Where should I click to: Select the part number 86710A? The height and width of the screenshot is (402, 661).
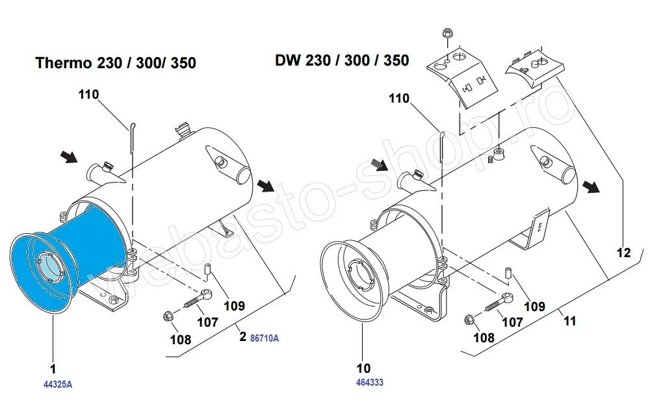tap(264, 338)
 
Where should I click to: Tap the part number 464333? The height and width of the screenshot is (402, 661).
tap(369, 383)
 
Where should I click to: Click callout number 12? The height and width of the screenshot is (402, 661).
tap(623, 253)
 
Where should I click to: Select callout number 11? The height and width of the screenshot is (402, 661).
tap(569, 321)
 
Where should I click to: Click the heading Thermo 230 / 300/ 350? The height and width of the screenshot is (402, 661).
tap(116, 63)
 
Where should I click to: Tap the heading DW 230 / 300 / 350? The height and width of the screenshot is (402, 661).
tap(342, 61)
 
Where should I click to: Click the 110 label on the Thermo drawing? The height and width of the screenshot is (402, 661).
tap(88, 95)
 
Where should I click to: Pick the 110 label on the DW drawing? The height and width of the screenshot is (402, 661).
tap(399, 99)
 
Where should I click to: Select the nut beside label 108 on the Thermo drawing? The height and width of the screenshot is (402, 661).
tap(167, 317)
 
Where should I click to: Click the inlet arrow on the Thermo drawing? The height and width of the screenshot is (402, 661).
tap(68, 156)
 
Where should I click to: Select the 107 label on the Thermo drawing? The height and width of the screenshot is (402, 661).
tap(207, 321)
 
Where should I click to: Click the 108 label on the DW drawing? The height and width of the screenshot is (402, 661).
tap(484, 337)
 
